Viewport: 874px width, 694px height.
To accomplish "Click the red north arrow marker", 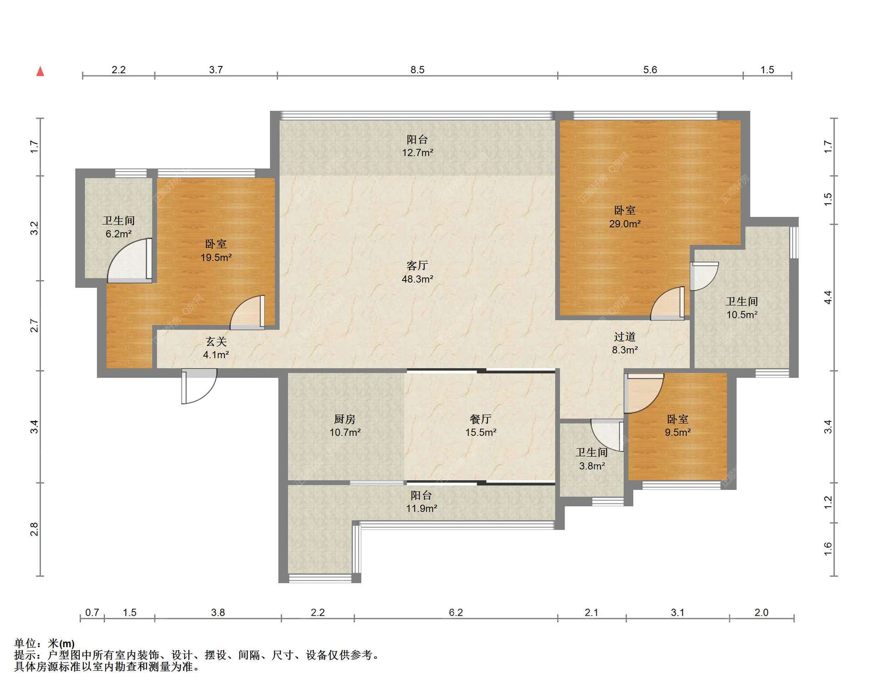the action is click(x=41, y=71).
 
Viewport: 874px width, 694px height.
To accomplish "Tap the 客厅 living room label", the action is click(x=417, y=266).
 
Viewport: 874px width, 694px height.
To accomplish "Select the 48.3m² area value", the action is click(x=417, y=279).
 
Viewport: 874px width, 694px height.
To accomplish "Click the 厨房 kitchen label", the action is click(x=345, y=419).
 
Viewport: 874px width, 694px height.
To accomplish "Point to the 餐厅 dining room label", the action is click(x=481, y=419).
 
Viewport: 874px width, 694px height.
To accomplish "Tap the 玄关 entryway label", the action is click(x=216, y=342).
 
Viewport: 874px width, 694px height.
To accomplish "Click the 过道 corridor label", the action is click(x=625, y=337).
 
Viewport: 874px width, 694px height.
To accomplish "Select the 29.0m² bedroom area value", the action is click(x=625, y=224).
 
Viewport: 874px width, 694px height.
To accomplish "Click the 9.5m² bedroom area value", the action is click(x=678, y=432).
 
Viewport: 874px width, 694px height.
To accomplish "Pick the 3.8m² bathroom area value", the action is click(x=592, y=466).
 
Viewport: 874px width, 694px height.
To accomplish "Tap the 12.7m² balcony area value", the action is click(x=417, y=152).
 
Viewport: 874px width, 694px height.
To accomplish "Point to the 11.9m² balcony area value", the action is click(x=422, y=508).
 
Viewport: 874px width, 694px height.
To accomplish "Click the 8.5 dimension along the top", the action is click(x=417, y=70).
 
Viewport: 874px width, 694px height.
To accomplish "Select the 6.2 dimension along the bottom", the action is click(x=456, y=612).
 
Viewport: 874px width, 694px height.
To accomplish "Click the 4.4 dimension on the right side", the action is click(x=828, y=297).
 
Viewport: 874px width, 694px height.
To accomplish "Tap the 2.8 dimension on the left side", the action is click(x=34, y=529).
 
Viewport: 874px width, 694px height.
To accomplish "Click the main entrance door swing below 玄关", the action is click(x=199, y=386).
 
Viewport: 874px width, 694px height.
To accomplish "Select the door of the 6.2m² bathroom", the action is click(x=130, y=261).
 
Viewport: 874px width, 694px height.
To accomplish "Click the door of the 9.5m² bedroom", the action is click(x=644, y=393).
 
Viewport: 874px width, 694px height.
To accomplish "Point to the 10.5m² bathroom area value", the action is click(x=742, y=314).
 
